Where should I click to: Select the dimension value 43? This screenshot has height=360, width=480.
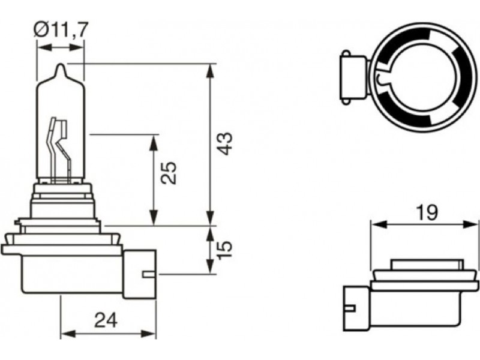(224, 144)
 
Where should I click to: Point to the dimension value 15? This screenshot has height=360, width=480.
(224, 250)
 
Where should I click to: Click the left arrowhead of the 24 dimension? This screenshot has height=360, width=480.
(65, 333)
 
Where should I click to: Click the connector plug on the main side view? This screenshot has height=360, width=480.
(139, 275)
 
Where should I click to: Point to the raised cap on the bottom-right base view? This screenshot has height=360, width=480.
(428, 265)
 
